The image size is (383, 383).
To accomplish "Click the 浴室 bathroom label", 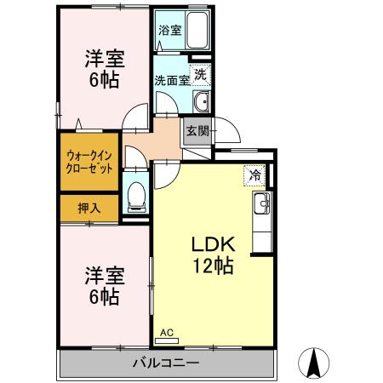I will click(x=169, y=30).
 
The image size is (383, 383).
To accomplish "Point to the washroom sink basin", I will click(x=201, y=103).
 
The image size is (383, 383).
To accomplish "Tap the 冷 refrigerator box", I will click(x=254, y=175).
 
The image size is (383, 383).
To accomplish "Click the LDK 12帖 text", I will click(x=213, y=253).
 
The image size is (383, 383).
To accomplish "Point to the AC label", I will click(x=166, y=333).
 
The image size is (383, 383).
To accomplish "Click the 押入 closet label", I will click(x=89, y=208).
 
